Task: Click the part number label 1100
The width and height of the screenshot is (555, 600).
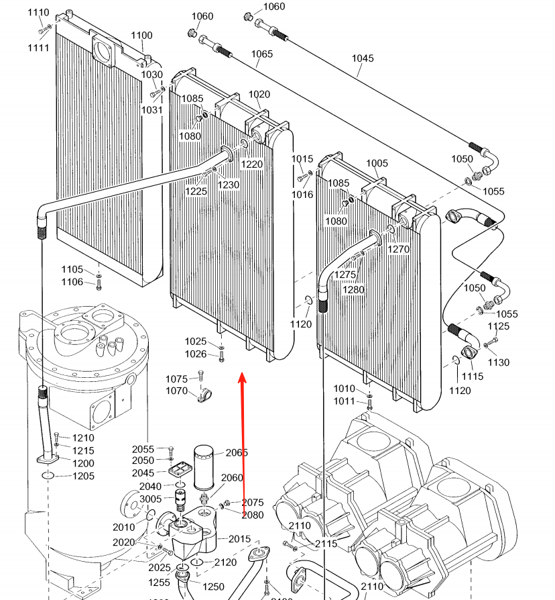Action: [x=141, y=36]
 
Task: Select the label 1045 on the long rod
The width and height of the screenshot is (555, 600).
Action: [x=363, y=58]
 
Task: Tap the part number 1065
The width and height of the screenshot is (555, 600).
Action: [x=262, y=54]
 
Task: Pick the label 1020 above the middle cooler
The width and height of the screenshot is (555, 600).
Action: [x=259, y=95]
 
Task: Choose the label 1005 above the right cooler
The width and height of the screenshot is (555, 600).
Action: [x=377, y=163]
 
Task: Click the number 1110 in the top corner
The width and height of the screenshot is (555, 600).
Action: [x=39, y=13]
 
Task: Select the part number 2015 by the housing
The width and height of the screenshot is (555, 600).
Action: [x=239, y=538]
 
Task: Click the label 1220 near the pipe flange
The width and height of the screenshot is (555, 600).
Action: [x=252, y=164]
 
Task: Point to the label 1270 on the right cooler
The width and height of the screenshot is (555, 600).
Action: [x=398, y=249]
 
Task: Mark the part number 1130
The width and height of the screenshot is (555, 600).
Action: [x=499, y=362]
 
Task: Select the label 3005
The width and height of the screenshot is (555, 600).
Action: [x=150, y=499]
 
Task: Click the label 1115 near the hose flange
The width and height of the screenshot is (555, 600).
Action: [x=473, y=377]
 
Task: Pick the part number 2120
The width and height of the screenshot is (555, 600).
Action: [x=226, y=562]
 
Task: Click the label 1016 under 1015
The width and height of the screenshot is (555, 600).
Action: [x=302, y=195]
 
